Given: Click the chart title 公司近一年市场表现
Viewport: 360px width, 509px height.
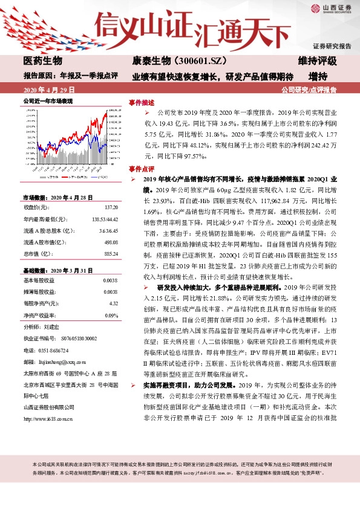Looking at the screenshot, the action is point(48,101).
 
